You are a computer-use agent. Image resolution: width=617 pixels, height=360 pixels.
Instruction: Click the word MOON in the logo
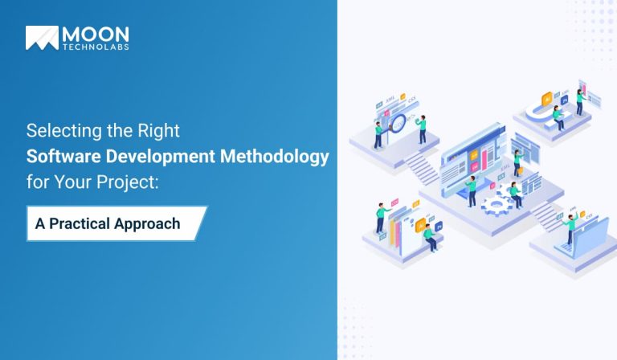pos(96,35)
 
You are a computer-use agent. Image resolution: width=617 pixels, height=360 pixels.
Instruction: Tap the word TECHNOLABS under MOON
pos(96,47)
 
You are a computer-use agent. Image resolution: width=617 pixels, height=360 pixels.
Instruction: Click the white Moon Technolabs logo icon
pos(42,38)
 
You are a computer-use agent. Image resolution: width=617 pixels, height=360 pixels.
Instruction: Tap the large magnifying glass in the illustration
pos(399,122)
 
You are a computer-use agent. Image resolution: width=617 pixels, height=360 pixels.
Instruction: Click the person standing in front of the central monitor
pos(472,190)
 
